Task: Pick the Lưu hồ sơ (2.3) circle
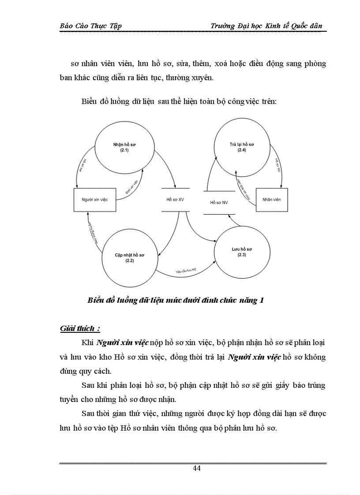(242, 252)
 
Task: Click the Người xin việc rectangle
(95, 200)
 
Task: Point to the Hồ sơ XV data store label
(175, 200)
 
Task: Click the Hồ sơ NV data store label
(219, 202)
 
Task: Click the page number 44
(197, 468)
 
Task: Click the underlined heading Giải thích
(80, 328)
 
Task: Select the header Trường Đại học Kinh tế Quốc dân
(266, 26)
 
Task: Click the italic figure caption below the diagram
(176, 301)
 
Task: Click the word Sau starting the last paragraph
(90, 414)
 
